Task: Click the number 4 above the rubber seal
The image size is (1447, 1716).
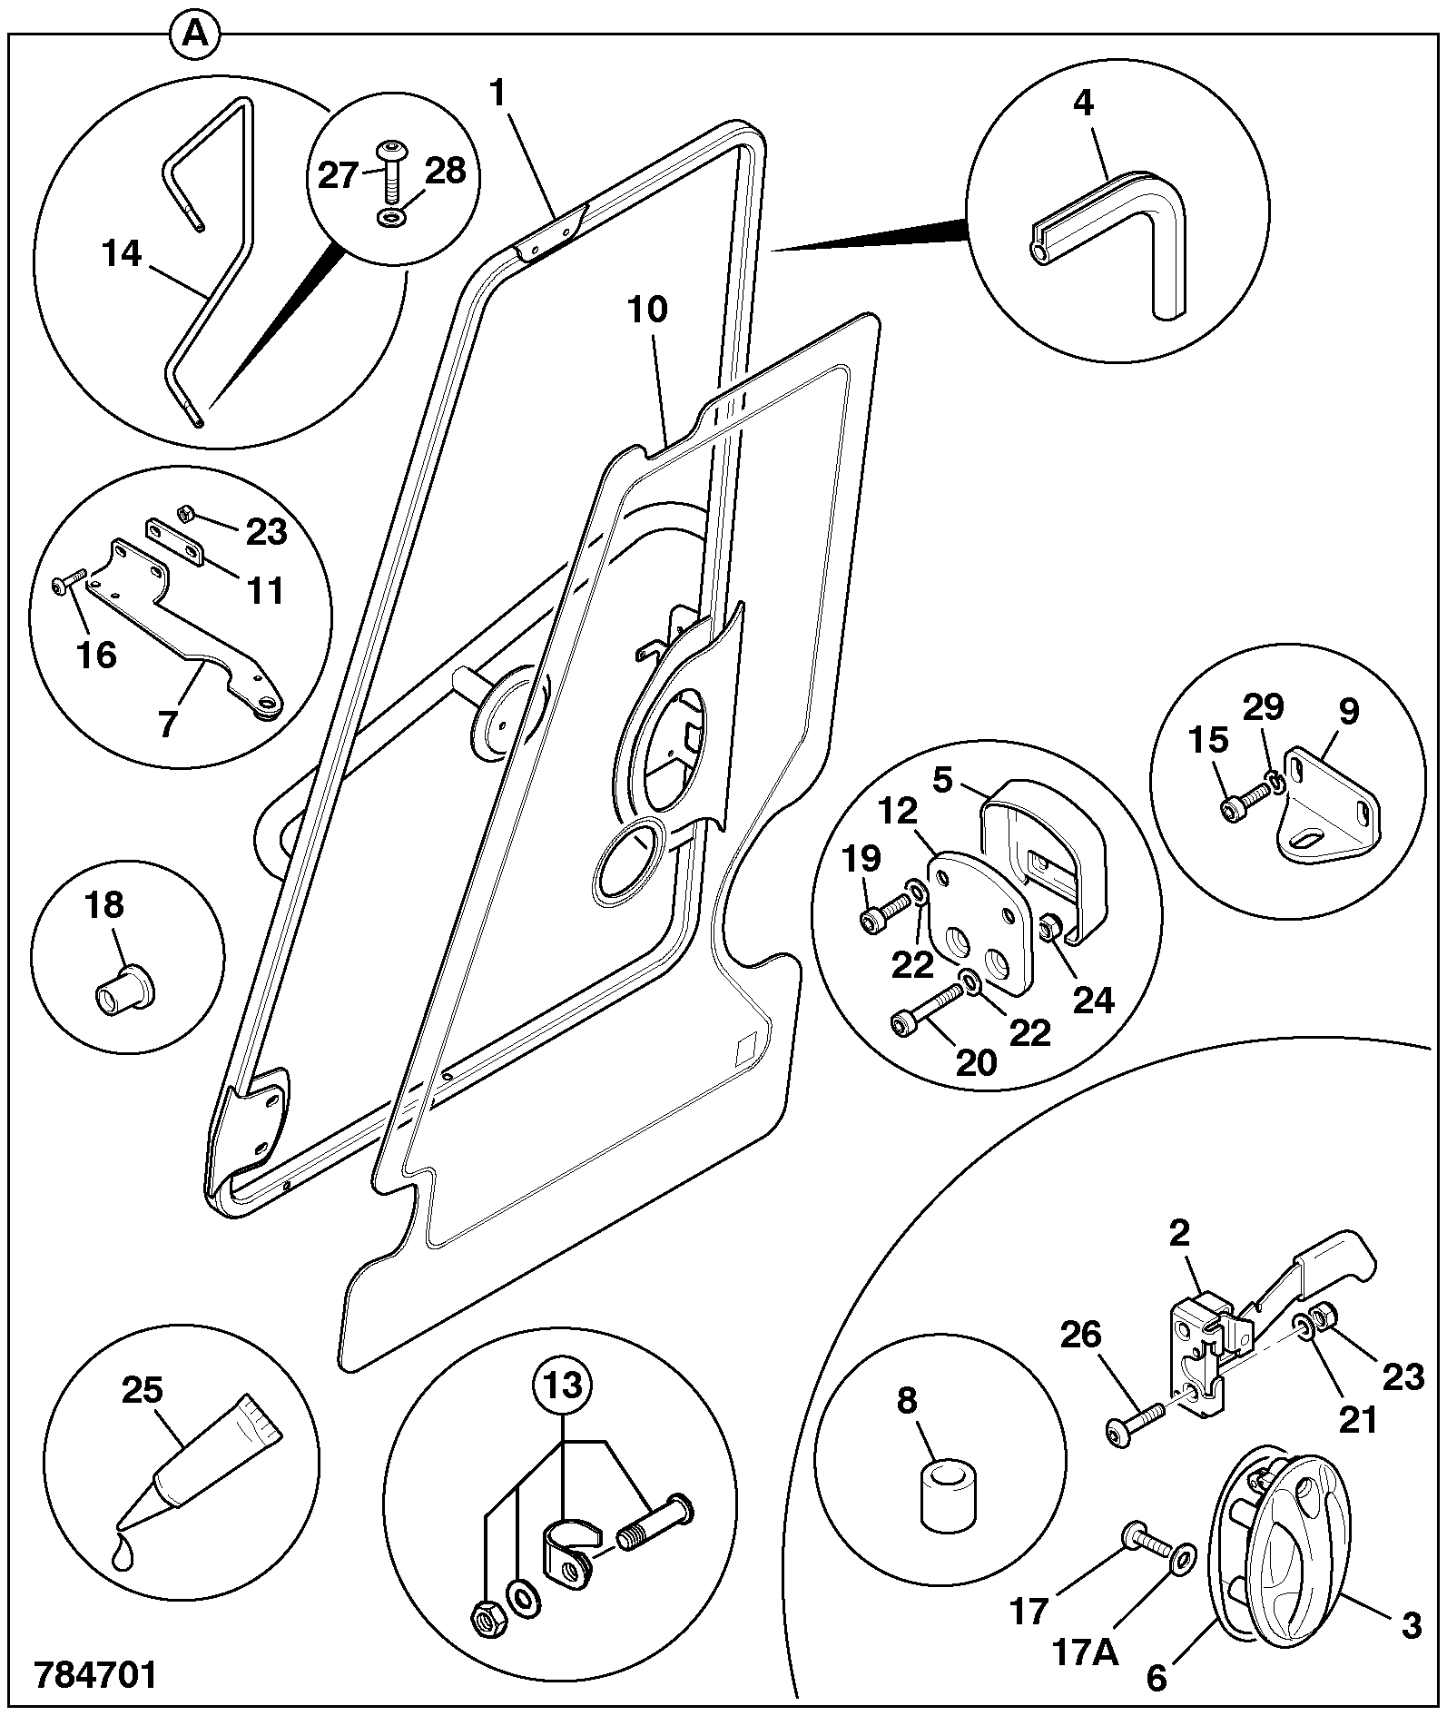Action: (x=1083, y=102)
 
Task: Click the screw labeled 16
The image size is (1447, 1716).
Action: (x=69, y=581)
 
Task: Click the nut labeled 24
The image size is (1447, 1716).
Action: (x=1052, y=928)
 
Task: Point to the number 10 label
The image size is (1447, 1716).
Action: (x=646, y=311)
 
